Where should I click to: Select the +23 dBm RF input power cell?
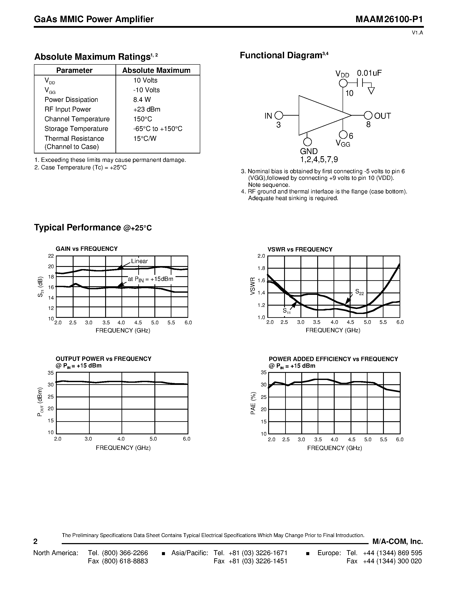tap(146, 109)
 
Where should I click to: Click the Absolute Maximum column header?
tap(156, 70)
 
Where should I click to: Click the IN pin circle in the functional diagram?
tap(279, 116)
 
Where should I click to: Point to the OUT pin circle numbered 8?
tap(368, 116)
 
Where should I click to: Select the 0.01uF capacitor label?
tap(369, 73)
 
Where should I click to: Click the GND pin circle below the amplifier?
tap(307, 142)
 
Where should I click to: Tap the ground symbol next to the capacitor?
tap(371, 91)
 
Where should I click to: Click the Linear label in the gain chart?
tap(139, 261)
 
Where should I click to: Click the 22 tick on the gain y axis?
tap(51, 256)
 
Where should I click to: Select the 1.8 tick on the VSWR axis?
tap(261, 268)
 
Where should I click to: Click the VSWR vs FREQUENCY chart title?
tap(300, 250)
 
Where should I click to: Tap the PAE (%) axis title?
tap(253, 403)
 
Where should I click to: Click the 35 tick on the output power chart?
tap(51, 373)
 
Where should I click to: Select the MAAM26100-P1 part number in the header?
tap(389, 19)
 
